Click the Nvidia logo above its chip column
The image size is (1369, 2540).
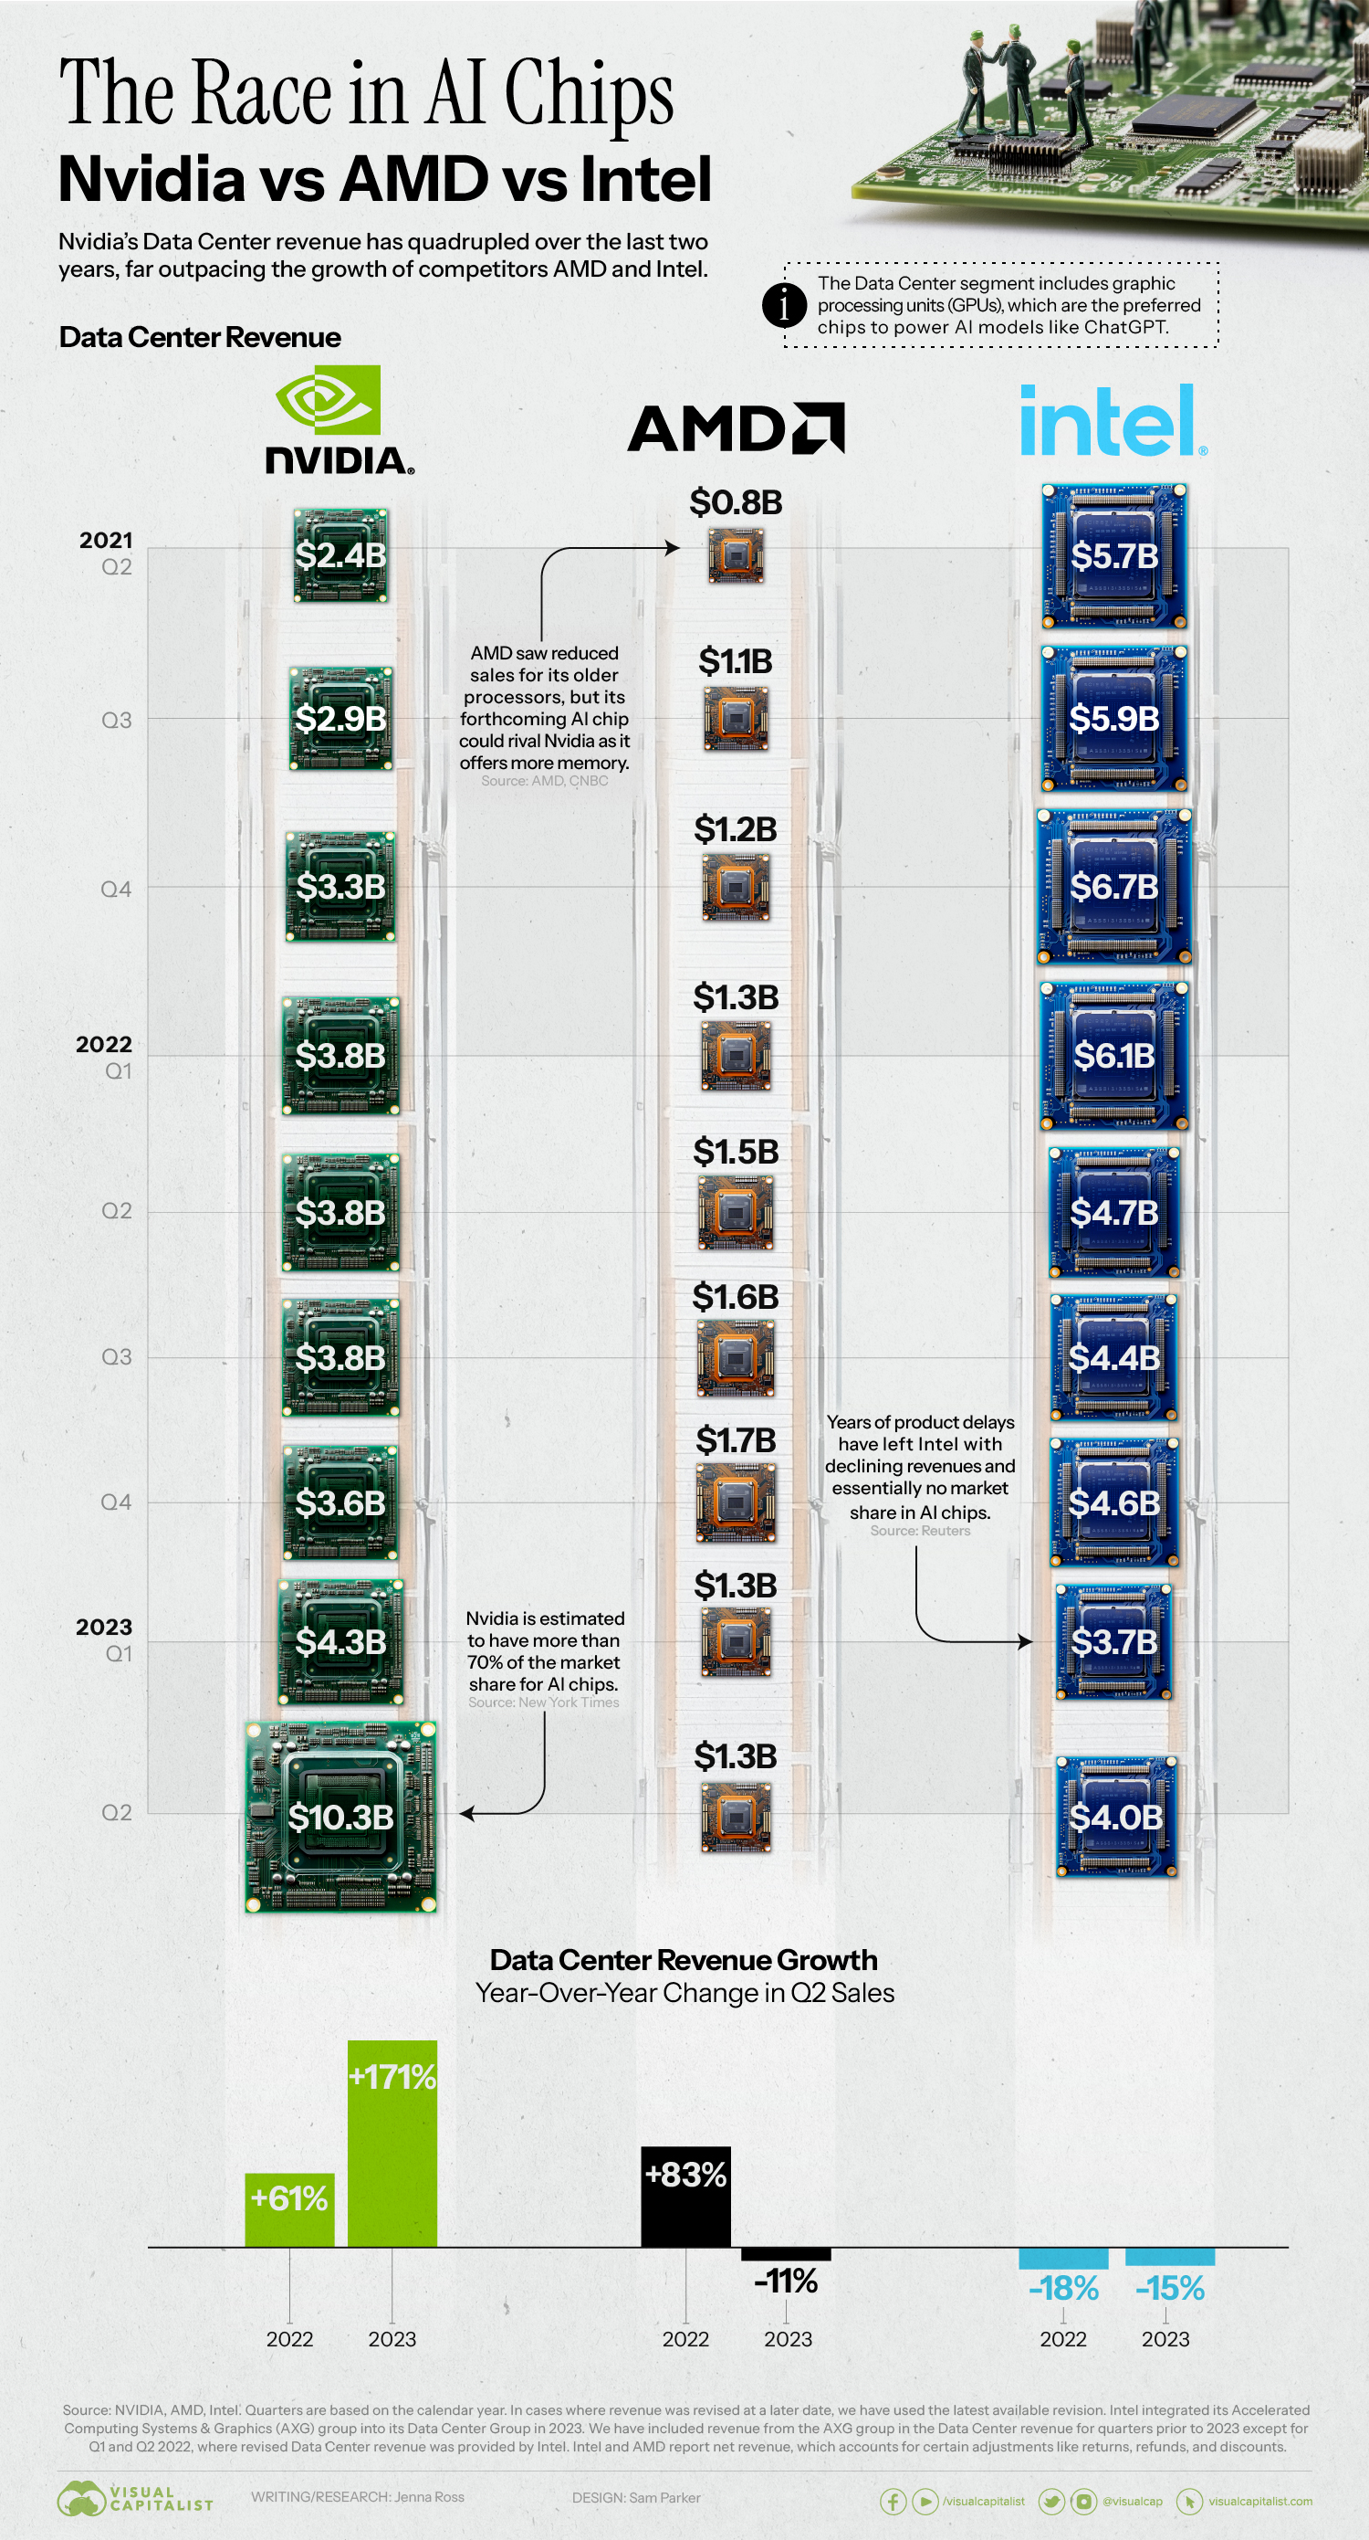[339, 419]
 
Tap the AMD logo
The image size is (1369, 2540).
[736, 428]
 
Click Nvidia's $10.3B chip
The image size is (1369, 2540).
[341, 1817]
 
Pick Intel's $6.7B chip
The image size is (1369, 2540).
[1113, 887]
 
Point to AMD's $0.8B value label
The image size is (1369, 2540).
[736, 502]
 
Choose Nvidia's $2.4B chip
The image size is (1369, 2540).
[341, 555]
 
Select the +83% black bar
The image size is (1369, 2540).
[686, 2197]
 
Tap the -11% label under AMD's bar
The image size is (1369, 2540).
[786, 2281]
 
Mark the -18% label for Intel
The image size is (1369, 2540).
[1062, 2288]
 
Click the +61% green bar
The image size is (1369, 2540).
[288, 2209]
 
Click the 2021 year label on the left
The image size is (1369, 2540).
[106, 541]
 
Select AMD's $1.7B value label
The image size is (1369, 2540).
[736, 1440]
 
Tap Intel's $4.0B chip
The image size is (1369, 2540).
[1115, 1817]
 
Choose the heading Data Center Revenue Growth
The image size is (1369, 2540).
[683, 1959]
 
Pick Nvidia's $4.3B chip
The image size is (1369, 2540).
[341, 1642]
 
